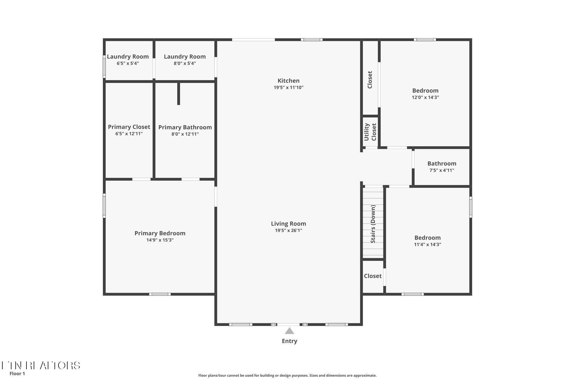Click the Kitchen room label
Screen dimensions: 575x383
point(288,81)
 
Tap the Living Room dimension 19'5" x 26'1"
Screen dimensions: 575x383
point(288,230)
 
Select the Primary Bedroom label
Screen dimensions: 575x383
point(160,233)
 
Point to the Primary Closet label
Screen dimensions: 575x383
point(129,127)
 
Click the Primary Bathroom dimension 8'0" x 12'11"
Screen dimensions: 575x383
point(185,134)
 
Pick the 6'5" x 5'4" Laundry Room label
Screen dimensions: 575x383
point(128,57)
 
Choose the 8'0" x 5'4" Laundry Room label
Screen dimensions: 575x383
point(185,57)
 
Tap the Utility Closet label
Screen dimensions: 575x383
point(370,132)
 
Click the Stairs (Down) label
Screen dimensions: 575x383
point(373,224)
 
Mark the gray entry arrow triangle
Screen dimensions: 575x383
point(290,331)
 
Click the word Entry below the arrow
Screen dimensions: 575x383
point(290,341)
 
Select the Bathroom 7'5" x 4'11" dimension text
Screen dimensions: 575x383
point(442,170)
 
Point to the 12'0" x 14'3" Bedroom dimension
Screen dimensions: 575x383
point(425,97)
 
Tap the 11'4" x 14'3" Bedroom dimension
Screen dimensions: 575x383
point(428,245)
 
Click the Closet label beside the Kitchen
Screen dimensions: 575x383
point(370,80)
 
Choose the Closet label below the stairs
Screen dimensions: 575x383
point(373,276)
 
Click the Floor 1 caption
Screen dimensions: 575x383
point(17,374)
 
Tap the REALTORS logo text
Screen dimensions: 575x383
point(41,365)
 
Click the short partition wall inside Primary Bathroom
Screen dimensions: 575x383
point(179,94)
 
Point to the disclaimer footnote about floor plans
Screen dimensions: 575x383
point(287,375)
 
